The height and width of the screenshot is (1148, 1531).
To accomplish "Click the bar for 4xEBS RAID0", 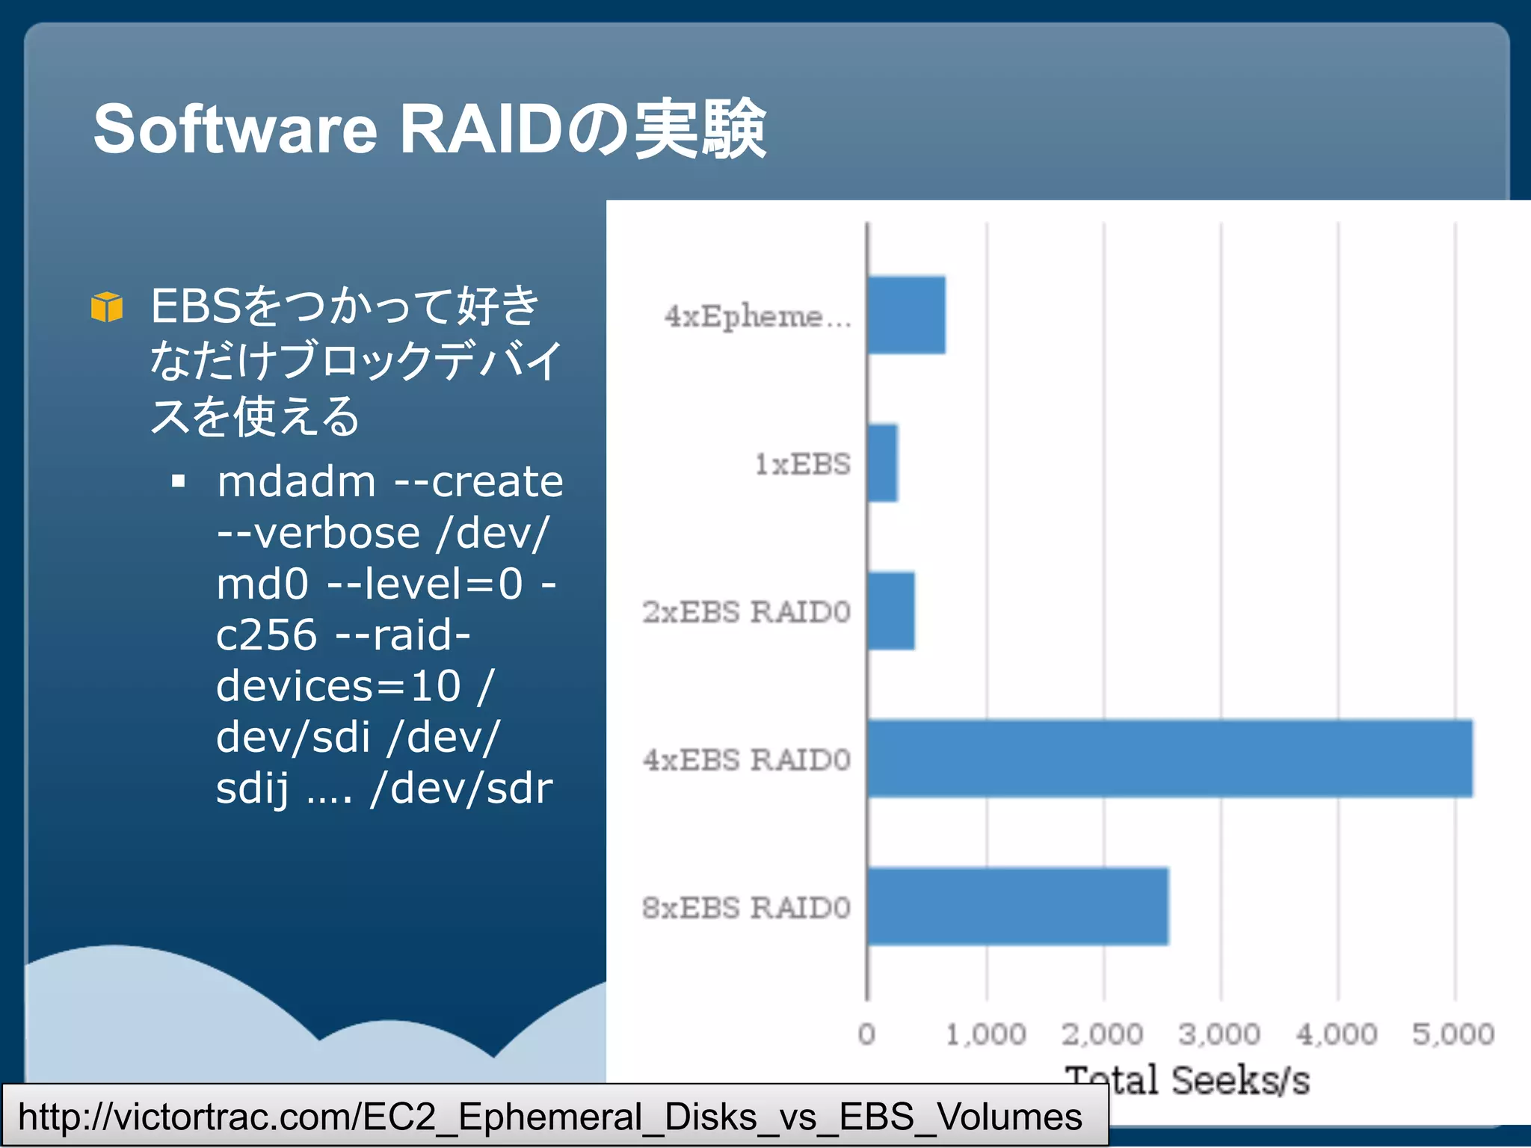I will tap(1170, 758).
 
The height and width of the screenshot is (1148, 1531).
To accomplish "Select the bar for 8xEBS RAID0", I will tap(1017, 906).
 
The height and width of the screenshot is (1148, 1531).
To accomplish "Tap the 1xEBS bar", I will tap(883, 463).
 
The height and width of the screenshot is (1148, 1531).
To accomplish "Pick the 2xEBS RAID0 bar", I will tap(891, 611).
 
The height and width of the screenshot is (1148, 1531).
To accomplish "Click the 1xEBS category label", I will tap(802, 464).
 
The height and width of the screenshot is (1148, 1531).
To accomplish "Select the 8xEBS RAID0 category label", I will tap(746, 907).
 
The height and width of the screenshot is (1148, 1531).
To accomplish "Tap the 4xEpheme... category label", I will tap(758, 316).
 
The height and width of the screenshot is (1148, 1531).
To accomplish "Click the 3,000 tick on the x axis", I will tap(1219, 1034).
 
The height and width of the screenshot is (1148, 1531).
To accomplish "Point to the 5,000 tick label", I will tap(1453, 1034).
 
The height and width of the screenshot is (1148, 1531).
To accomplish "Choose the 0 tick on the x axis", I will tap(866, 1034).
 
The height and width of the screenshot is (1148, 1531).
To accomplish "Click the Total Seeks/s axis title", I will tap(1187, 1081).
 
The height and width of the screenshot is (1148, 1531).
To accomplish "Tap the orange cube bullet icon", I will tap(106, 306).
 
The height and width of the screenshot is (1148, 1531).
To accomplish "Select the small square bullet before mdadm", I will tap(178, 481).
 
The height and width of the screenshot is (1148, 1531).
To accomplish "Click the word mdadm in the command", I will tap(297, 481).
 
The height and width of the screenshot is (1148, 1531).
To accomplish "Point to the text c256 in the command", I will tap(266, 635).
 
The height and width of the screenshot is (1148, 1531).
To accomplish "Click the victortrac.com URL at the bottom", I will tap(550, 1117).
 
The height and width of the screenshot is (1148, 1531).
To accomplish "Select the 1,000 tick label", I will tap(985, 1034).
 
